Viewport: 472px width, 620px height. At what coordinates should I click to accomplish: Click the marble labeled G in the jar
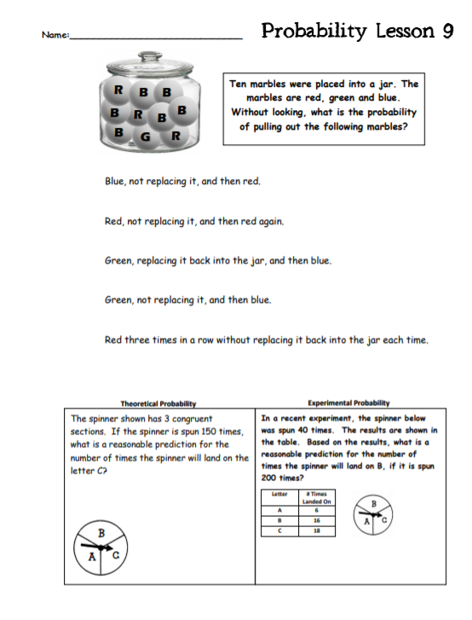(x=146, y=137)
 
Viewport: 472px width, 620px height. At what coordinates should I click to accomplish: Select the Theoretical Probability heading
(x=158, y=403)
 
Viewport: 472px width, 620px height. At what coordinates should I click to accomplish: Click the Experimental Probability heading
(x=348, y=403)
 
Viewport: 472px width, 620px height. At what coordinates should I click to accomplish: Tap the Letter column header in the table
(x=279, y=494)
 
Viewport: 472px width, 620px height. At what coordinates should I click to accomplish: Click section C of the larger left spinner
(x=116, y=556)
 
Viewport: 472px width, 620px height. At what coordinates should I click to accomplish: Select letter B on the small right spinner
(x=373, y=504)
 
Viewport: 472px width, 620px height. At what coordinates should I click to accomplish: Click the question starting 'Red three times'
(x=266, y=340)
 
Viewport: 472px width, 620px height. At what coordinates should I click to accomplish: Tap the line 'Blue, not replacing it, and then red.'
(x=182, y=182)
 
